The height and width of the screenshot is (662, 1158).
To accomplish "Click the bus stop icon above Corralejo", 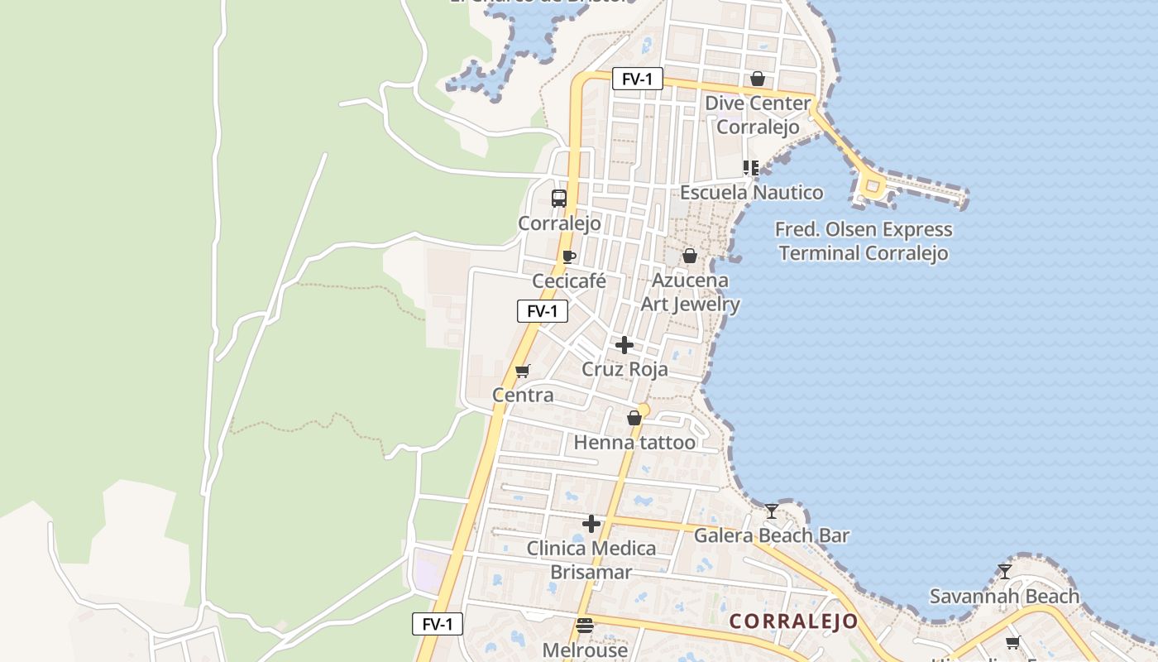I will [559, 199].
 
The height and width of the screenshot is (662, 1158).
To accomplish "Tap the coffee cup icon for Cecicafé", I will [568, 257].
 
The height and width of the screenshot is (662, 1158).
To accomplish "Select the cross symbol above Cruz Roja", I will [624, 345].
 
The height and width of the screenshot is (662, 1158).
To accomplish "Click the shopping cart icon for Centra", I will [522, 371].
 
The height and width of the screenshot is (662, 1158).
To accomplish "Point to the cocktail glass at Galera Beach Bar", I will [772, 511].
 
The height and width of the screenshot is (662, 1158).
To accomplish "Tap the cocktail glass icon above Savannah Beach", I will [1004, 572].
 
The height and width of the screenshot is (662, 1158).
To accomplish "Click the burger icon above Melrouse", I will [585, 626].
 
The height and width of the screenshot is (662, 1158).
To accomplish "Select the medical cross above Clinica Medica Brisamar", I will [591, 524].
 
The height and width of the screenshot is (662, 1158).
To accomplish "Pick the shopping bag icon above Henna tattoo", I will [634, 419].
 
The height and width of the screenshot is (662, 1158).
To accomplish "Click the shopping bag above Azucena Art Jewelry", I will [690, 257].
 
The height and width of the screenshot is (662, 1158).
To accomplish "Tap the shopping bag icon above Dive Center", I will [757, 79].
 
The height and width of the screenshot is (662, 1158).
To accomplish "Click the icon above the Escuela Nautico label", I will [751, 169].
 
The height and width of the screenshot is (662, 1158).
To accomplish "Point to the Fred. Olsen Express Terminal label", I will [863, 241].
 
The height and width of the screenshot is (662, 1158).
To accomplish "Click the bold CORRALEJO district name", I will [793, 621].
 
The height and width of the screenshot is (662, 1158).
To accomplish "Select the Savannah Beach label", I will [1004, 596].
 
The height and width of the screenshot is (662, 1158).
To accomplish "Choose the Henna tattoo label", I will [634, 442].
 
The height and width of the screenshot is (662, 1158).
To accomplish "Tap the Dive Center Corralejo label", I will [758, 115].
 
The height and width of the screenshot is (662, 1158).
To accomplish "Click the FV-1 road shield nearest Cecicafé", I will [543, 311].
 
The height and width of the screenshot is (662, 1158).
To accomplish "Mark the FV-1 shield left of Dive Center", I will [638, 79].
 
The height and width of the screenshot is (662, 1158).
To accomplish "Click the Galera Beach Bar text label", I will [772, 535].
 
